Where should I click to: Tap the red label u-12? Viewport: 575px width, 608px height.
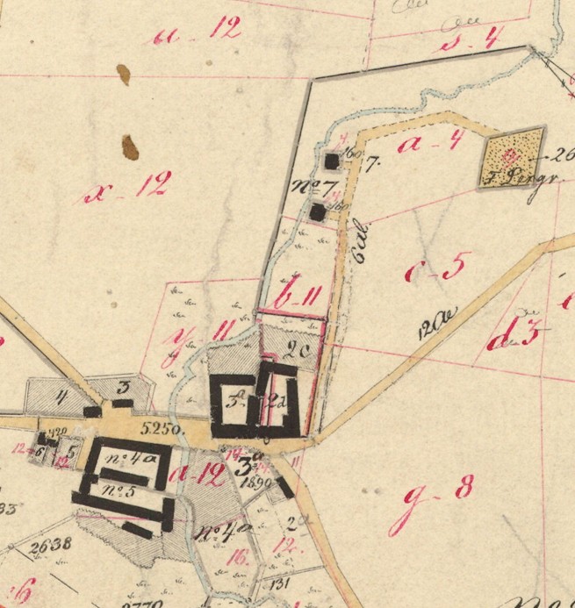(196, 35)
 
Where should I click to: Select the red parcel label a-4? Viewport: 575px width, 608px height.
(429, 142)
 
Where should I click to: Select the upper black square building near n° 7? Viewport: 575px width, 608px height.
(332, 161)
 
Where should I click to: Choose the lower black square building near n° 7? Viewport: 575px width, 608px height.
(318, 212)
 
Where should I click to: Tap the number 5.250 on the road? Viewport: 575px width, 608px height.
(161, 430)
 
